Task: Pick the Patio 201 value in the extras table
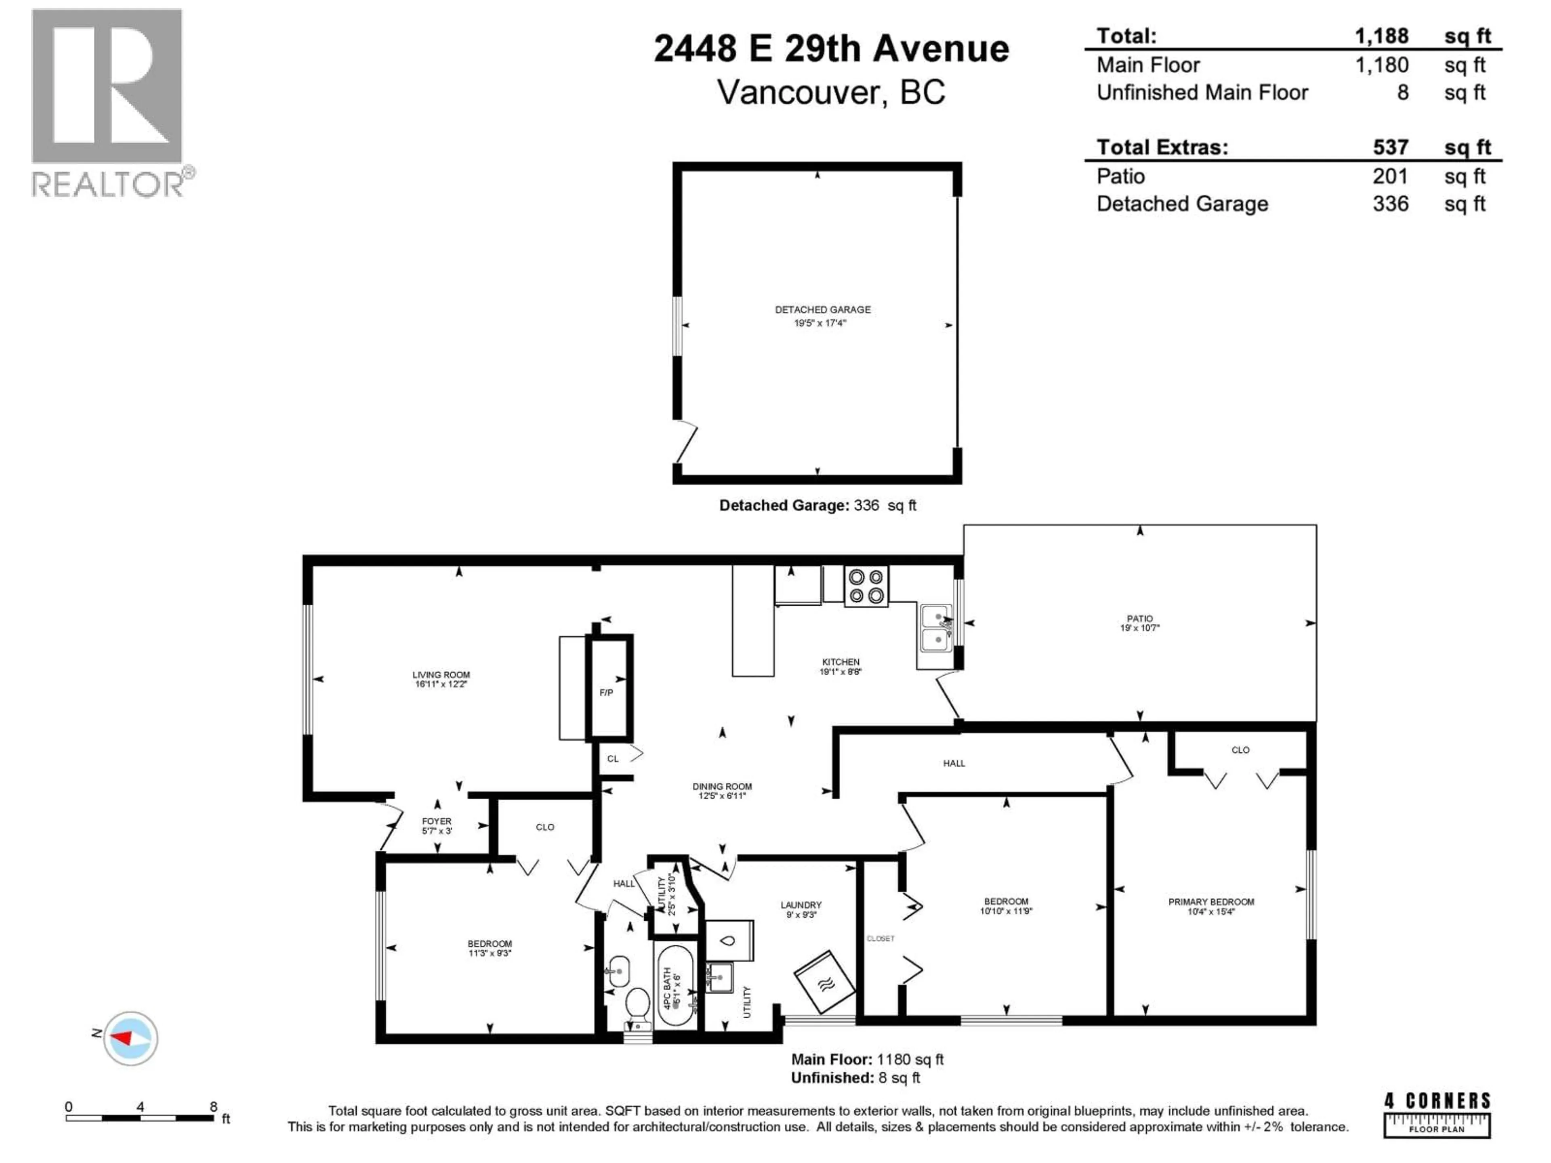1390,176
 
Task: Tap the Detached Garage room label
822,310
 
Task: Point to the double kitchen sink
935,629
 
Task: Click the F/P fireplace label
606,693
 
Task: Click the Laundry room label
801,905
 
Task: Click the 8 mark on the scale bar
213,1106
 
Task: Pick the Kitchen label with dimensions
840,666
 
